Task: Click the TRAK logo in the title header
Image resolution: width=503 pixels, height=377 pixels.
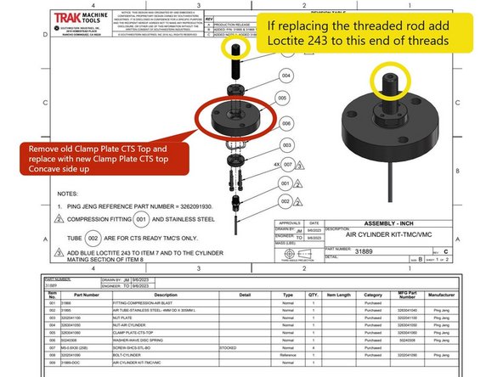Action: point(74,20)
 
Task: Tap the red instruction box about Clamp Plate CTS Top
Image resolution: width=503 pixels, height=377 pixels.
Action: point(88,159)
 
